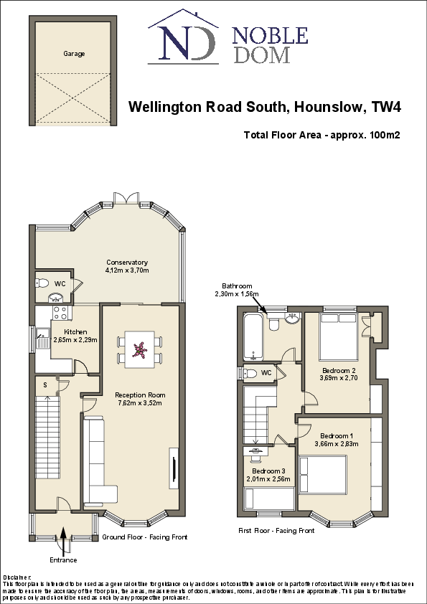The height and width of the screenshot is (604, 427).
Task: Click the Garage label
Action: (x=74, y=54)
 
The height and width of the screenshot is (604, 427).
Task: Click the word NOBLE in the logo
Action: (x=271, y=35)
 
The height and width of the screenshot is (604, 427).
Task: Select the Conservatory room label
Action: (x=127, y=262)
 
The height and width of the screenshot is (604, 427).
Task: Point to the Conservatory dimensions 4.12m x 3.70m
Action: (x=127, y=270)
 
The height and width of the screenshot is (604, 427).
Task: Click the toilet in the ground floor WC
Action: (x=42, y=283)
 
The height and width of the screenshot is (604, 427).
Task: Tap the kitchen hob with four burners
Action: (x=60, y=313)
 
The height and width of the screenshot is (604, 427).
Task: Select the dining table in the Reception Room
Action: (x=140, y=349)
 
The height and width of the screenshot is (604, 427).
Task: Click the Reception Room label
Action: (x=140, y=395)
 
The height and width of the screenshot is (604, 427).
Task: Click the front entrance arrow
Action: (x=64, y=534)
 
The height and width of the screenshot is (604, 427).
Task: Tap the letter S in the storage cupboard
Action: (x=45, y=385)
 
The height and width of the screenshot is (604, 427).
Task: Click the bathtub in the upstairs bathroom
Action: (x=253, y=336)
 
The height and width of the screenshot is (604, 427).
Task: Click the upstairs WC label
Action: (x=266, y=373)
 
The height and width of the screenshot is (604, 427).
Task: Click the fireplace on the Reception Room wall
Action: (x=173, y=466)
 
